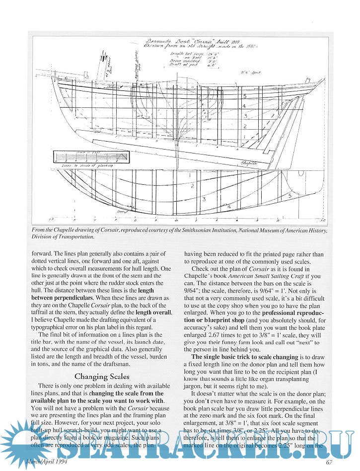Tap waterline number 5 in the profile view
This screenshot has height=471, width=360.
tap(244, 95)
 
